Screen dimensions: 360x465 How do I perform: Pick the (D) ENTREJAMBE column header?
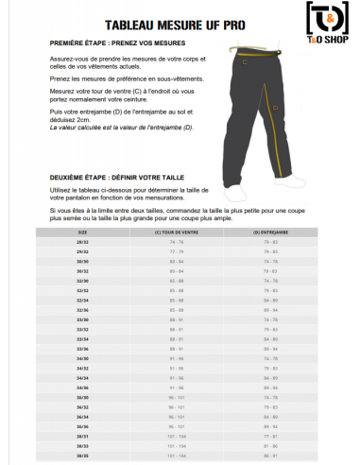tap(271, 231)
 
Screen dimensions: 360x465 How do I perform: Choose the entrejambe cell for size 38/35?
tap(271, 456)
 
